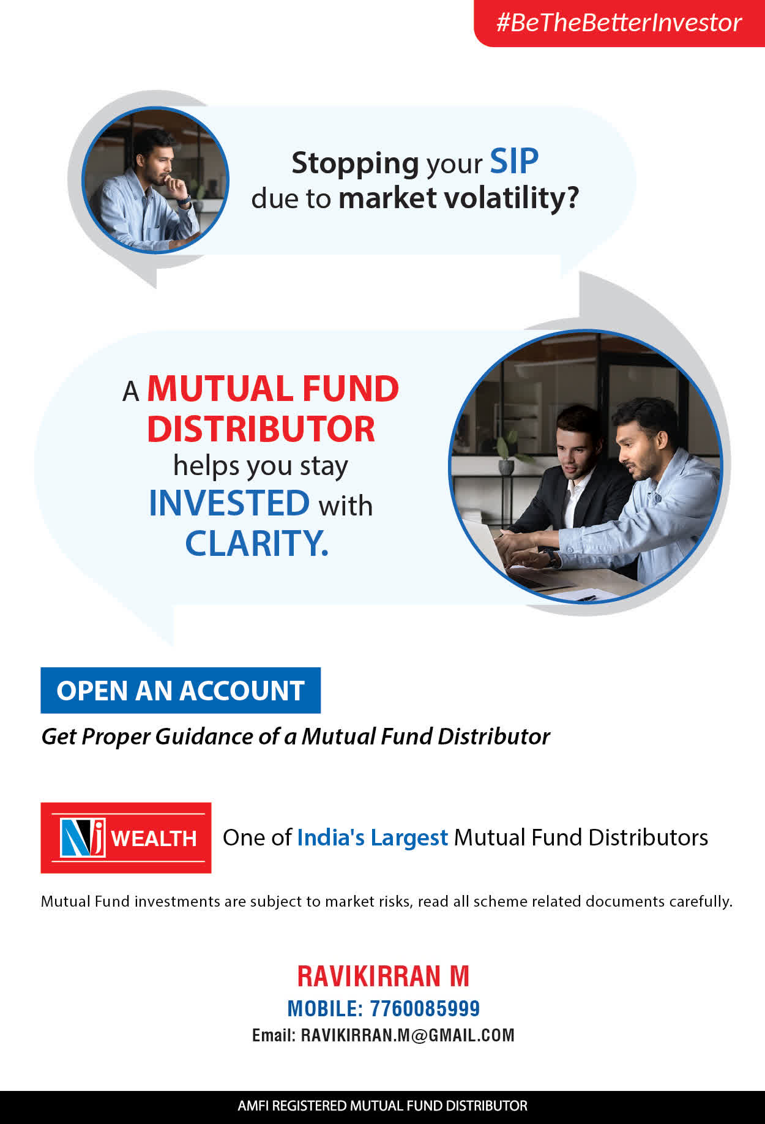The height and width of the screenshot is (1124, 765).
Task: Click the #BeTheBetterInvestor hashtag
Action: coord(619,23)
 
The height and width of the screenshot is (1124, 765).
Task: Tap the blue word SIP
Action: coord(514,162)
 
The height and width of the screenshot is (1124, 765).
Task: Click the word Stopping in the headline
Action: coord(355,164)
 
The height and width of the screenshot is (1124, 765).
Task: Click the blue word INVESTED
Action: coord(229,503)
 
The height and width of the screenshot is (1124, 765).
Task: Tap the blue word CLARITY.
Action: coord(257,543)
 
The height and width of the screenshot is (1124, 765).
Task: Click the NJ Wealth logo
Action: coord(126,837)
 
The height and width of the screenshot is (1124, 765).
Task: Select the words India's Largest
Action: coord(373,837)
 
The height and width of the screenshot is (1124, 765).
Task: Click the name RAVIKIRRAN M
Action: coord(383,976)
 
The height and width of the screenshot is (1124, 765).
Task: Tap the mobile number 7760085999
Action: coord(425,1008)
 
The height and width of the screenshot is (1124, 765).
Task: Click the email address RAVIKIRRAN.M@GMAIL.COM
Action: coord(408,1035)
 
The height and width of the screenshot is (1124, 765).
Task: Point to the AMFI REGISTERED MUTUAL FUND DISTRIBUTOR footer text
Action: coord(382,1106)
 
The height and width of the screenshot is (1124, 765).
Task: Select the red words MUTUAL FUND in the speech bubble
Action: coord(273,389)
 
